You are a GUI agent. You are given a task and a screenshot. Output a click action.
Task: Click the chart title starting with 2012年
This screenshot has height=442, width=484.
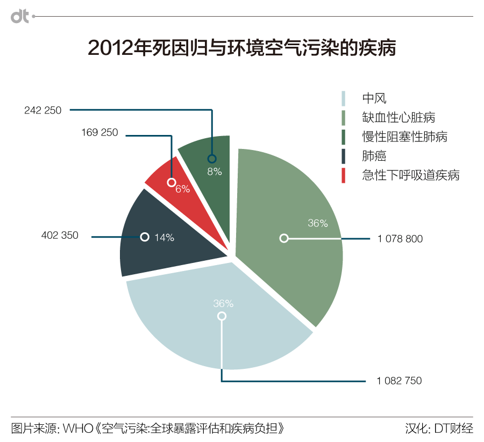pyautogui.click(x=241, y=48)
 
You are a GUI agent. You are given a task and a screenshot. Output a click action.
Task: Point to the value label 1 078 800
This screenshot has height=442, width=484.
pyautogui.click(x=400, y=239)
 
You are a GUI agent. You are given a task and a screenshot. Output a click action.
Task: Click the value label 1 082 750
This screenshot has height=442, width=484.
pyautogui.click(x=399, y=381)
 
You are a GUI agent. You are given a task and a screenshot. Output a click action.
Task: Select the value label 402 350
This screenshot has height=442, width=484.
pyautogui.click(x=60, y=235)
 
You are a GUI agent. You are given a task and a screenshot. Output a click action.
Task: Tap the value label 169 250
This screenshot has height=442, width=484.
pyautogui.click(x=99, y=132)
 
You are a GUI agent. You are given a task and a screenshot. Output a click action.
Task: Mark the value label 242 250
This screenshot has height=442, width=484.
pyautogui.click(x=43, y=110)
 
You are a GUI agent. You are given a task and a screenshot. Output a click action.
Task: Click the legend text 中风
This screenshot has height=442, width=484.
pyautogui.click(x=374, y=98)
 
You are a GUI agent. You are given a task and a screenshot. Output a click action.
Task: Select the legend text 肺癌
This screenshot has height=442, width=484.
pyautogui.click(x=374, y=156)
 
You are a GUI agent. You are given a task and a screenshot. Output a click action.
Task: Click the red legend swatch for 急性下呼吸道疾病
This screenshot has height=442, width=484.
pyautogui.click(x=344, y=175)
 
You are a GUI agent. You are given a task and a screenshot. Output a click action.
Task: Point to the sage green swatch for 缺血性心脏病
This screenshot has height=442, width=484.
pyautogui.click(x=344, y=117)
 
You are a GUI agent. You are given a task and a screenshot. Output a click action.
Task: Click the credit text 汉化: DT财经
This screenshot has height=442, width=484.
pyautogui.click(x=439, y=429)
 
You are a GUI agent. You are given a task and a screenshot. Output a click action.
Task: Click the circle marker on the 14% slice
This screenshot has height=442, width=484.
pyautogui.click(x=144, y=237)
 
